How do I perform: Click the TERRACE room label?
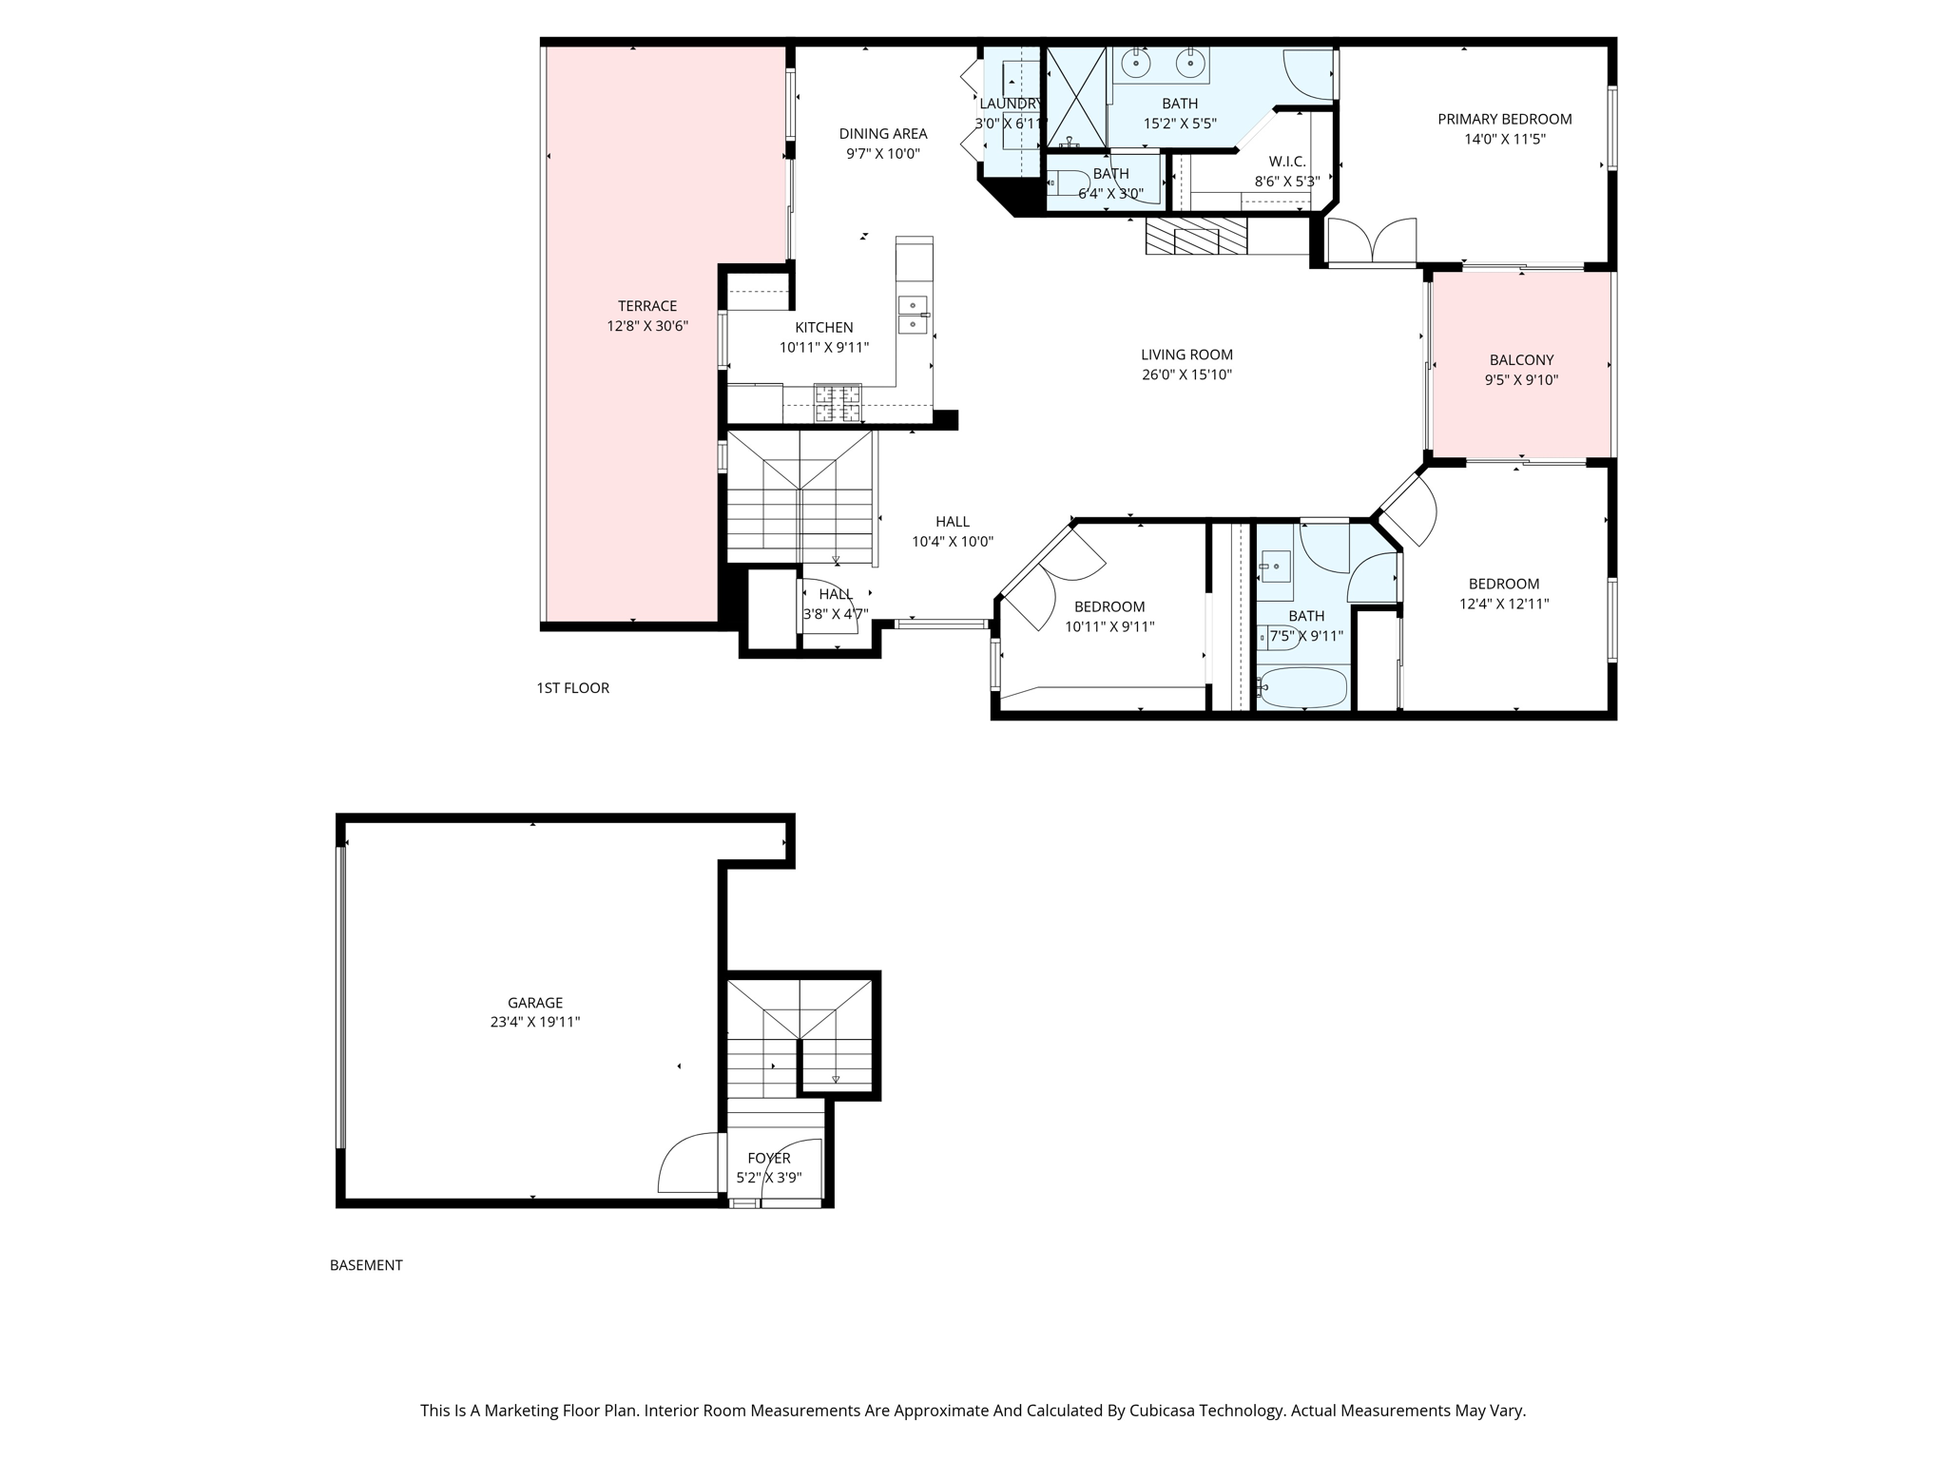(x=647, y=306)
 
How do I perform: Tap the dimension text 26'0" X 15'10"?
(x=1186, y=375)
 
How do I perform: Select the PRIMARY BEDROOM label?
(x=1504, y=119)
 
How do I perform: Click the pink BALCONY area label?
(x=1521, y=360)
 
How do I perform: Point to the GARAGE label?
(x=535, y=1003)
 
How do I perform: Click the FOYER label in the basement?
(x=768, y=1158)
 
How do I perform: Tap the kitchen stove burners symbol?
(x=838, y=403)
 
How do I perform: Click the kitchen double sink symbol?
(x=913, y=315)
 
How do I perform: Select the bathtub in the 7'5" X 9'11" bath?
(x=1302, y=686)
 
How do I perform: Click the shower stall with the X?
(x=1077, y=97)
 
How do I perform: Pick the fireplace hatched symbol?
(x=1196, y=237)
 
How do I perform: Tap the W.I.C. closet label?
(x=1287, y=162)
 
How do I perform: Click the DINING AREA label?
(x=882, y=134)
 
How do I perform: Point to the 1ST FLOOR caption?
(x=572, y=688)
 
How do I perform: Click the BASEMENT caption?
(x=366, y=1265)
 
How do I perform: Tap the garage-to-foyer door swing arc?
(x=687, y=1162)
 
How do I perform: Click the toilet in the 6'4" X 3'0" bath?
(x=1068, y=182)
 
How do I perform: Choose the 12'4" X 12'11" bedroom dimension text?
(x=1504, y=604)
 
